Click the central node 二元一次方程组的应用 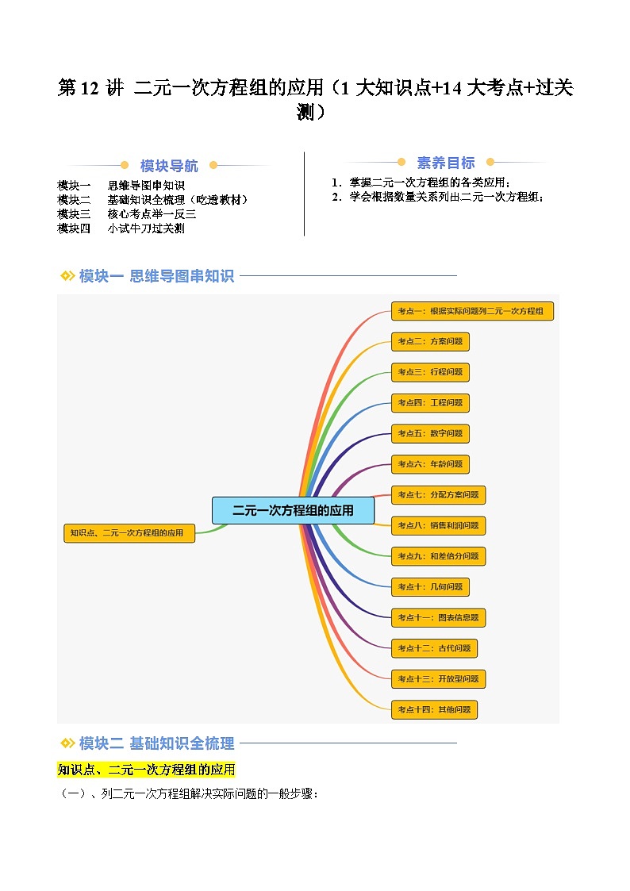[293, 510]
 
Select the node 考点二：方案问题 [431, 341]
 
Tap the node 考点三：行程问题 [431, 372]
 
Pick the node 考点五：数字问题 [431, 433]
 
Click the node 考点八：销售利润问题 [439, 525]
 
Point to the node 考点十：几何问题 [431, 587]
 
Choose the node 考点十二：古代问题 [435, 648]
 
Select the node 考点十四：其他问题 [435, 710]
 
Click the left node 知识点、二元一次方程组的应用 [129, 533]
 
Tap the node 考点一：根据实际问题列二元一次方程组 [472, 311]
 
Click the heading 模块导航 [169, 166]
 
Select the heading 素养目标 [446, 163]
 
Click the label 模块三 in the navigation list [74, 214]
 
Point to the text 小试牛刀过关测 [146, 229]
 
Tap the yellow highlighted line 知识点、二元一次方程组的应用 [146, 770]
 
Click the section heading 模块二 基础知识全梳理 [157, 743]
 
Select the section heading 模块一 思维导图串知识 [157, 276]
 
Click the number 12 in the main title [90, 88]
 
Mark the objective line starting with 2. [438, 198]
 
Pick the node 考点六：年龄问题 [431, 464]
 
